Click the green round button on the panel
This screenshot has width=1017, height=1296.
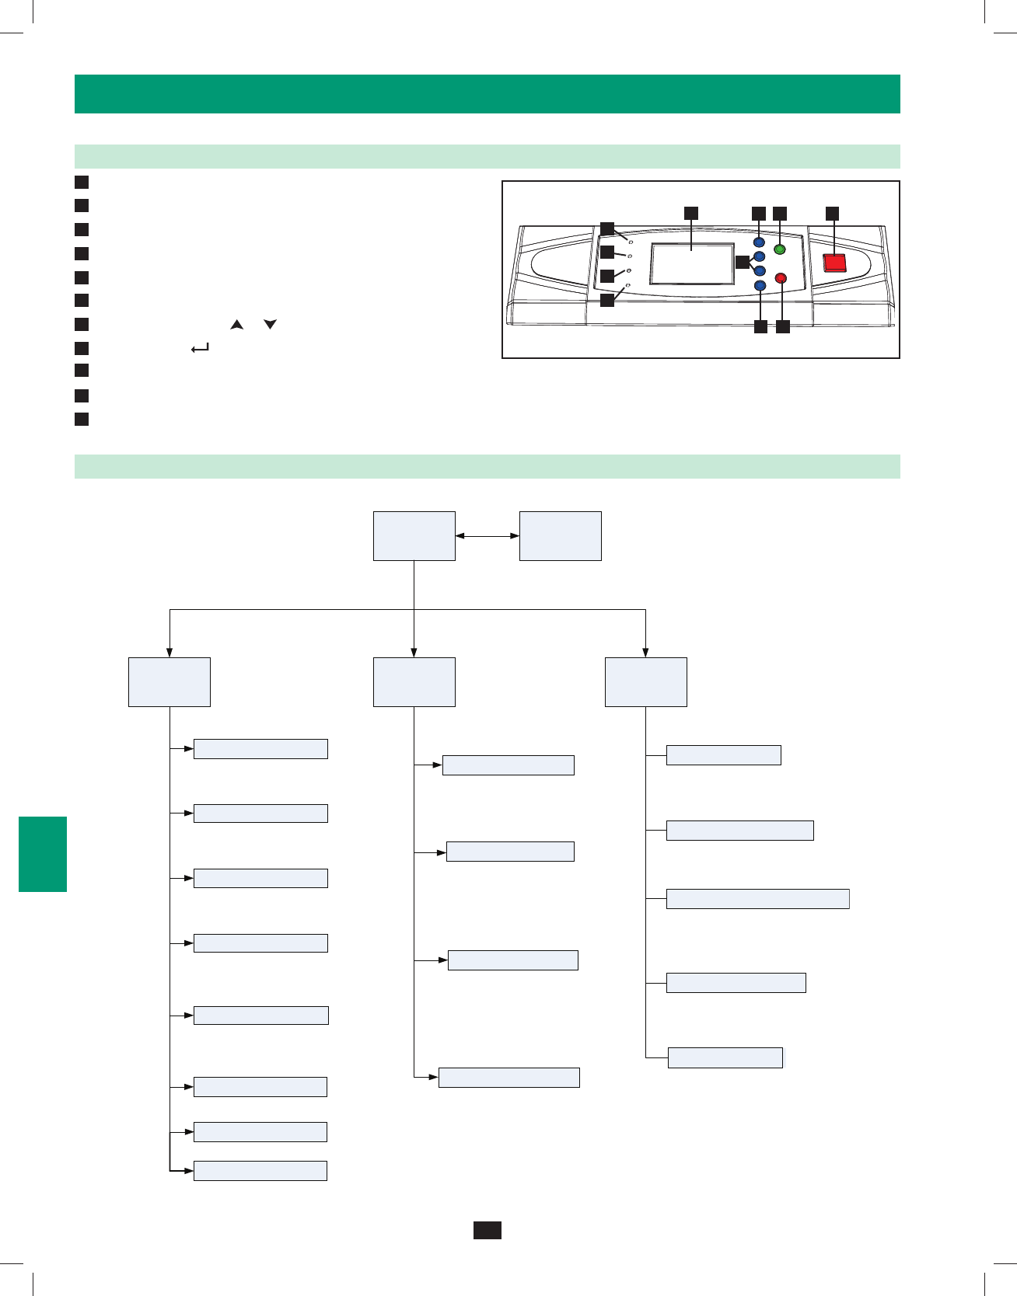[x=780, y=249]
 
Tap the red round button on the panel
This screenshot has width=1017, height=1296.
[x=781, y=278]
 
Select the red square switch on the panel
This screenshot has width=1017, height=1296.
[x=834, y=263]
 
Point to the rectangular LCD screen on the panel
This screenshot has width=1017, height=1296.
[x=692, y=263]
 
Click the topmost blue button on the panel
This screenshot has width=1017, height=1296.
[x=760, y=242]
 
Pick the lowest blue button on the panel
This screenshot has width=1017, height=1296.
[x=760, y=286]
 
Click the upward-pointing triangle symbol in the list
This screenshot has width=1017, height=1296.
[x=237, y=324]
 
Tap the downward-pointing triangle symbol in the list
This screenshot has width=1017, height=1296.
[x=270, y=324]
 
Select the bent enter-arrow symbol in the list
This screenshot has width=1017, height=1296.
[x=200, y=349]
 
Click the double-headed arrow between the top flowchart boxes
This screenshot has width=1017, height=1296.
[x=488, y=535]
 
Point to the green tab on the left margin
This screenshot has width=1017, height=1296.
[x=43, y=854]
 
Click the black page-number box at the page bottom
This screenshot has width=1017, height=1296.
[x=488, y=1230]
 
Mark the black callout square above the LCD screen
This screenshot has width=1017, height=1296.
[x=691, y=213]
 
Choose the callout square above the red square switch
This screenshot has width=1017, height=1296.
[x=833, y=213]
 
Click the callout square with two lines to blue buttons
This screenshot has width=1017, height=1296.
[x=742, y=262]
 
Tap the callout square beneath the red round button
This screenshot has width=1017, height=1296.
[x=783, y=327]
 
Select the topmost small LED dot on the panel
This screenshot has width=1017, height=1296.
[x=631, y=242]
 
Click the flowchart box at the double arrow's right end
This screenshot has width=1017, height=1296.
[x=560, y=535]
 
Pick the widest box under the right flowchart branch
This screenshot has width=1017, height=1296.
[x=757, y=899]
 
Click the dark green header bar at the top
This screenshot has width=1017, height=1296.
[x=488, y=94]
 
